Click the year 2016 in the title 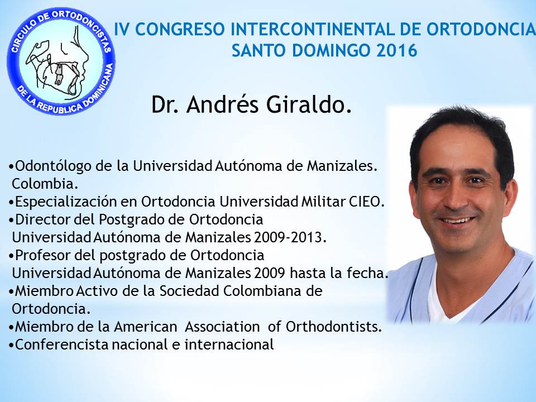396,50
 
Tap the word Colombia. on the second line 45,184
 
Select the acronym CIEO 367,202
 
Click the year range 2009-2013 290,237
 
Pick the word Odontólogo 54,166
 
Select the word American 146,327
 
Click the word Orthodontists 334,327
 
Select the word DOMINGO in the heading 330,50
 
